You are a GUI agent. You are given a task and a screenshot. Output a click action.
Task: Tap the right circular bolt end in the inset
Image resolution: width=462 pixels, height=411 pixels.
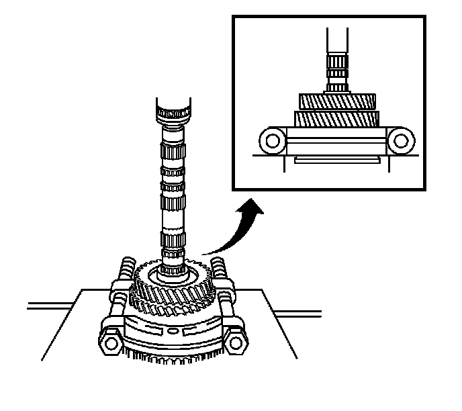pyautogui.click(x=402, y=141)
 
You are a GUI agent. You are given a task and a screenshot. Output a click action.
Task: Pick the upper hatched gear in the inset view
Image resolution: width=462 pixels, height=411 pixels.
pyautogui.click(x=335, y=103)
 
